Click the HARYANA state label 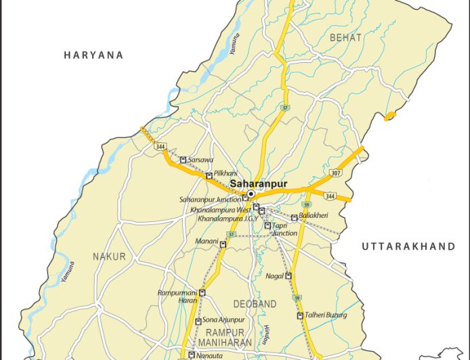click(x=93, y=55)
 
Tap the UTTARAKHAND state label click(x=408, y=247)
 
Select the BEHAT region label click(x=345, y=37)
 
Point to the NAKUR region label click(x=109, y=256)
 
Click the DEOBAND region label click(x=255, y=305)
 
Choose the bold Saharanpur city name click(x=258, y=183)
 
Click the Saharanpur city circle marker click(x=251, y=194)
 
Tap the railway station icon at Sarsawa click(x=183, y=160)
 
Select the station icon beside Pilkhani click(x=209, y=175)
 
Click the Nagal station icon click(x=289, y=276)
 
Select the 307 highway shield click(x=335, y=173)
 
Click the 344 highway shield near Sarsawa click(x=161, y=145)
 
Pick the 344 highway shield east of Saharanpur click(x=329, y=196)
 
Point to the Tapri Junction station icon click(x=268, y=225)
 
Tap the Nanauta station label click(x=209, y=355)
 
